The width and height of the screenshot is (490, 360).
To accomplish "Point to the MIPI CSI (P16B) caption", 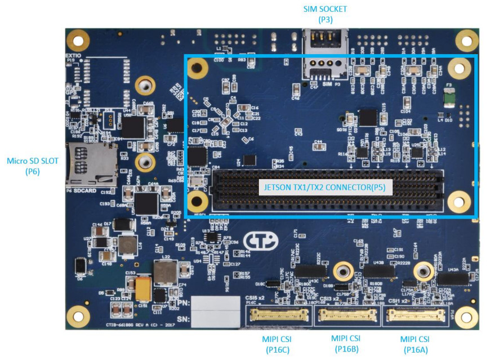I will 345,343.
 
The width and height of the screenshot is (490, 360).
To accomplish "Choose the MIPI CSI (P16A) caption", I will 415,344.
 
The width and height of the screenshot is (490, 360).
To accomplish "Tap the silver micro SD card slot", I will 92,165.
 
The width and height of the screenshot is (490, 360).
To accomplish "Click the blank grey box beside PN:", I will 216,304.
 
